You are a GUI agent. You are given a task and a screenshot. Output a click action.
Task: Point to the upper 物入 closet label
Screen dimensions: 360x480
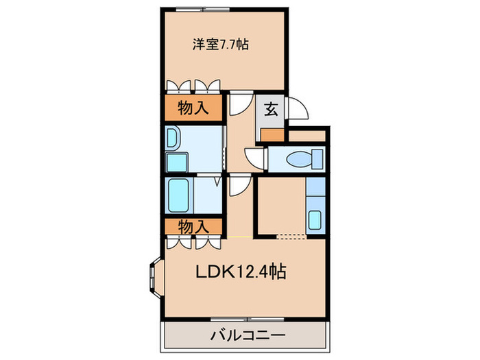(192, 108)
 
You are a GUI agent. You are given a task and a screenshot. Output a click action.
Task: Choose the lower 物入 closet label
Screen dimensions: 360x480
(192, 225)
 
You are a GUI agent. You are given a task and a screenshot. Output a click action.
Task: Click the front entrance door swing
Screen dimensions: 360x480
(297, 106)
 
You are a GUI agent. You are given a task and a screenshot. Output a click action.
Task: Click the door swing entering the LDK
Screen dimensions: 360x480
(239, 186)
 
